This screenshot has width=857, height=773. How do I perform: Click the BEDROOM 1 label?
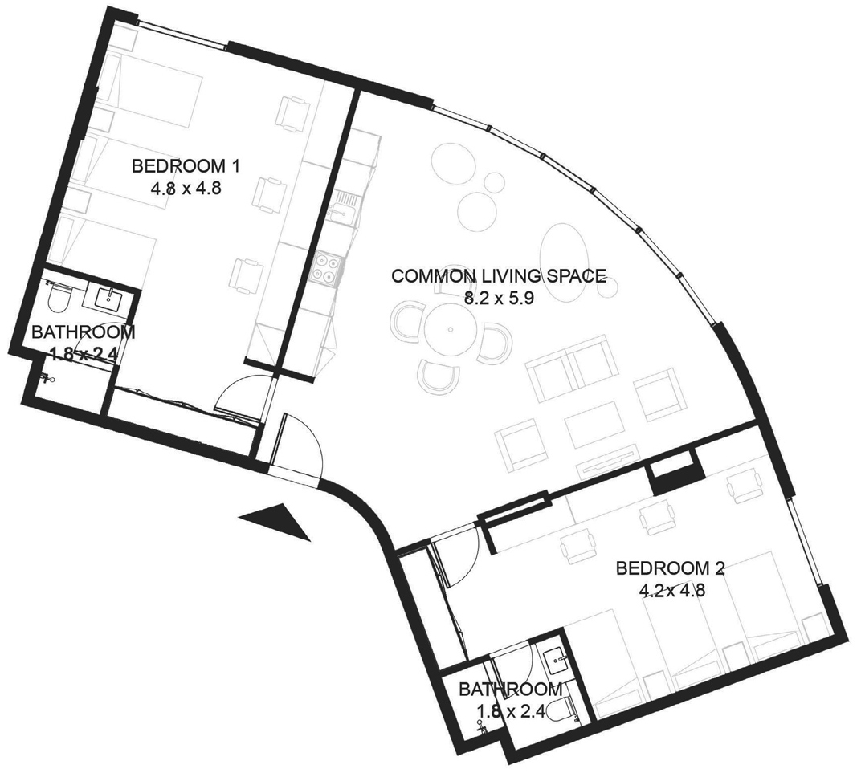186,165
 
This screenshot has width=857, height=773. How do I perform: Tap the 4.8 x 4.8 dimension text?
186,189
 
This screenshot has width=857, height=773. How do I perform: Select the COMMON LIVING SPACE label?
499,275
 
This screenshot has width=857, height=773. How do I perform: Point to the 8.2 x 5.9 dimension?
498,299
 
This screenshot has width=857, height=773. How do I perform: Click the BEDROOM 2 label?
670,568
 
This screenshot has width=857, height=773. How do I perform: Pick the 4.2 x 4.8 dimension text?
671,591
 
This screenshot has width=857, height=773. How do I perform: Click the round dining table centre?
450,329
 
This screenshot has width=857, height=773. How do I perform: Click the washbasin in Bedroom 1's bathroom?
108,299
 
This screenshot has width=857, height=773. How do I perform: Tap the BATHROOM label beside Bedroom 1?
83,332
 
